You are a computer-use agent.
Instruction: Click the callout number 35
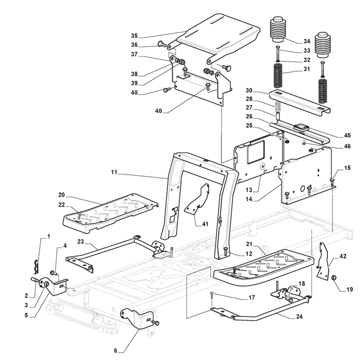(x=134, y=35)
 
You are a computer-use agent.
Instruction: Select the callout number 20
(x=61, y=195)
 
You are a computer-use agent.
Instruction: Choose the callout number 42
(x=342, y=256)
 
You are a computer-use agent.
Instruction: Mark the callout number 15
(x=347, y=167)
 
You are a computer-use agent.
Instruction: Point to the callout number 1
(x=48, y=235)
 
